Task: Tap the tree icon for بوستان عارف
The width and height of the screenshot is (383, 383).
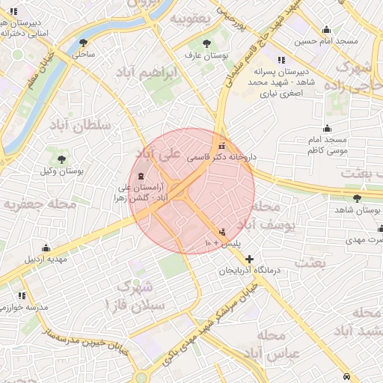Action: [207, 43]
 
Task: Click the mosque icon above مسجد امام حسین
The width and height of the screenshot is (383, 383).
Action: [326, 30]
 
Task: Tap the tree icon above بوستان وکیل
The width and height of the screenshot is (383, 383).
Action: [61, 159]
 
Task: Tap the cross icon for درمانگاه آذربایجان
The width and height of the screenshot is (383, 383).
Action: [250, 259]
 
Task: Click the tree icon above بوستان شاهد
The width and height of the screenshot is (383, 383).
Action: [356, 199]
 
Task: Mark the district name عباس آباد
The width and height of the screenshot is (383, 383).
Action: [278, 352]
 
